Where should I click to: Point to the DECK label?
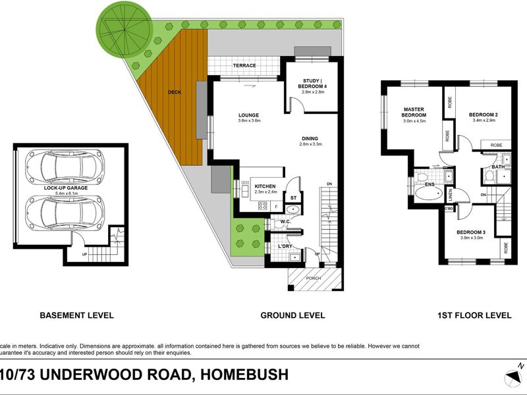point(174,93)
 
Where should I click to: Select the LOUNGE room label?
point(248,115)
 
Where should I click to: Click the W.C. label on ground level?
point(285,222)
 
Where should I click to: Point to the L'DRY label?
point(285,246)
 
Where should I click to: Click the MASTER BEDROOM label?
point(414,113)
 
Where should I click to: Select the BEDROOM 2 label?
point(483,115)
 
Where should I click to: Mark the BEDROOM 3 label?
point(470,232)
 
